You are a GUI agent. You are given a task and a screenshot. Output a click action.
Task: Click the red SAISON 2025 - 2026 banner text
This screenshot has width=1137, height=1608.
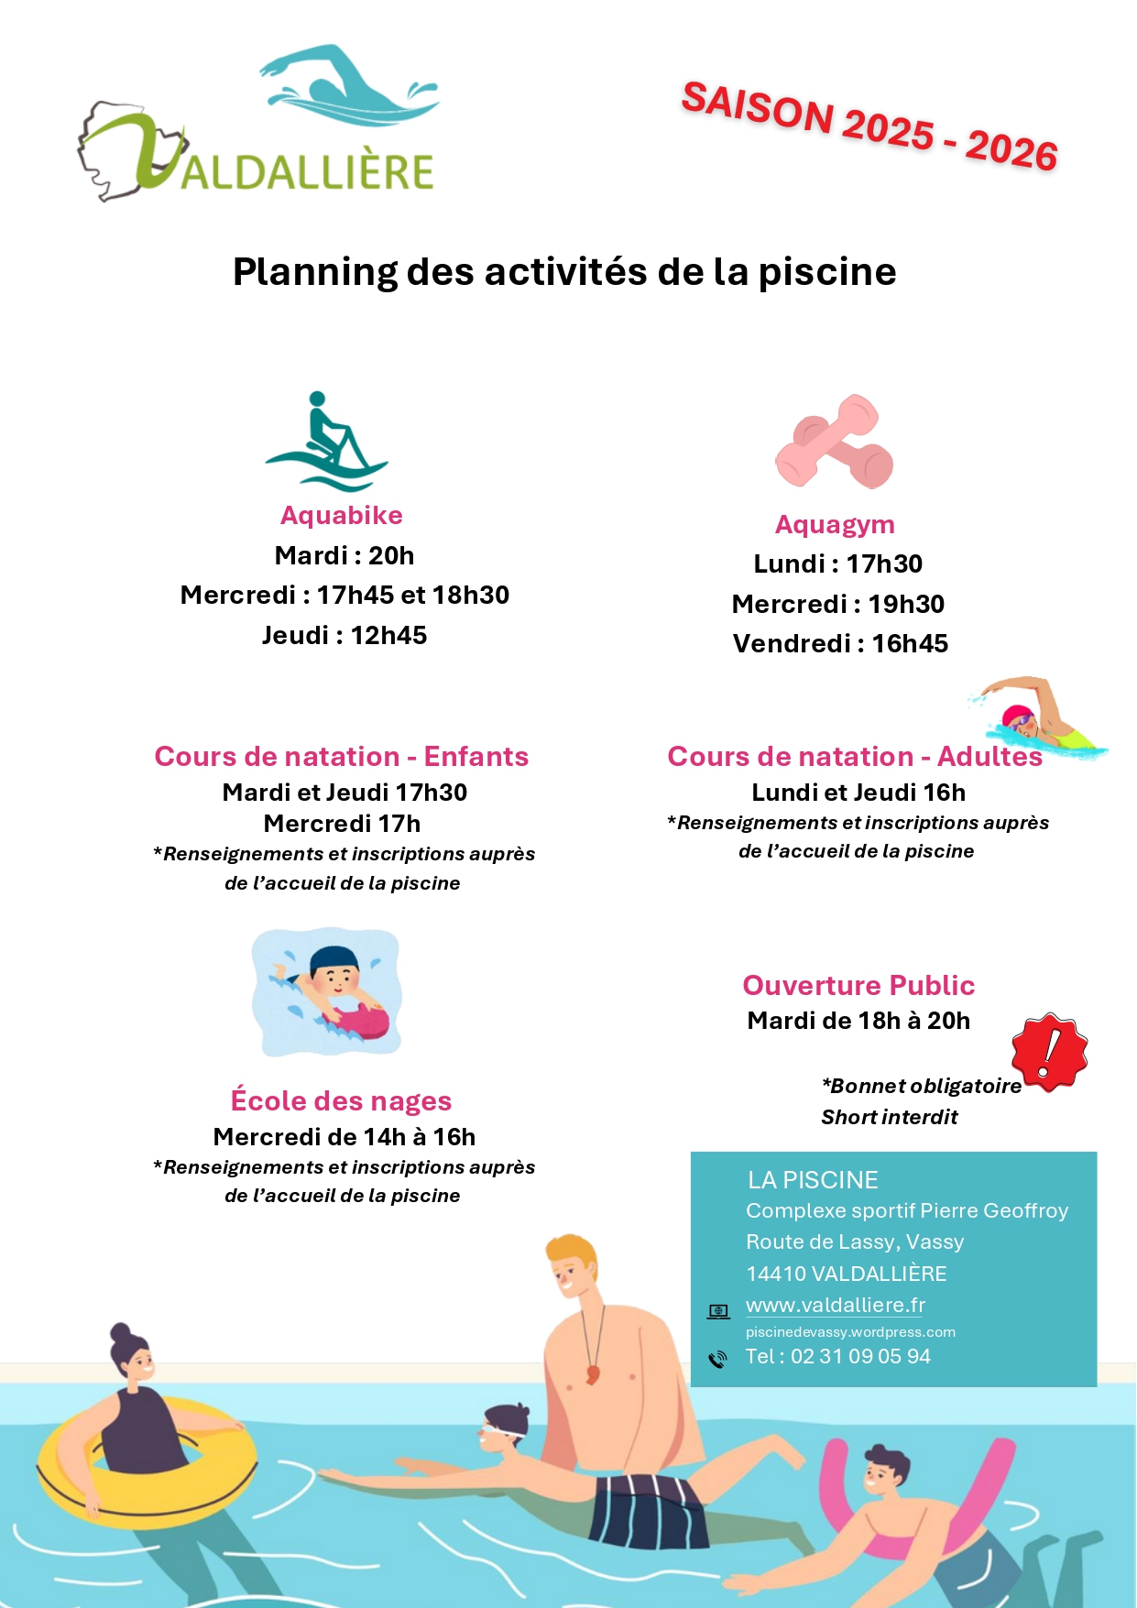[x=869, y=126]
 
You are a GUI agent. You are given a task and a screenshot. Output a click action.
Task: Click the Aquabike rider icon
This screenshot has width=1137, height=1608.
[x=326, y=442]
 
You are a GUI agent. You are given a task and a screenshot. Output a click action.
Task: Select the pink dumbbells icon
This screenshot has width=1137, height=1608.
[x=835, y=442]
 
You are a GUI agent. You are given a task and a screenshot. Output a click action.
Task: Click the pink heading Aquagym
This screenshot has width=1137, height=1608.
[x=835, y=525]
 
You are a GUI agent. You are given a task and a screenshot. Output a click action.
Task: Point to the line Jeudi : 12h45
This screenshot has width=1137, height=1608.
[x=344, y=636]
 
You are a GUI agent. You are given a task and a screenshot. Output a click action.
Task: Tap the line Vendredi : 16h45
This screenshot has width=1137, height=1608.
[x=840, y=644]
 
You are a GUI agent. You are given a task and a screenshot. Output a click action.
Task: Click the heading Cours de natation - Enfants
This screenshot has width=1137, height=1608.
[x=342, y=757]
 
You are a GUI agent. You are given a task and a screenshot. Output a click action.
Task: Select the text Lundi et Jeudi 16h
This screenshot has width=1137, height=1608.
[x=858, y=793]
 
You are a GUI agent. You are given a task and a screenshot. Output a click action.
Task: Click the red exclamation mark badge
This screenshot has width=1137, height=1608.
[x=1050, y=1052]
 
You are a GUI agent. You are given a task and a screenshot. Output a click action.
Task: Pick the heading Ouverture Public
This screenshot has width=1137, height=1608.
[x=858, y=986]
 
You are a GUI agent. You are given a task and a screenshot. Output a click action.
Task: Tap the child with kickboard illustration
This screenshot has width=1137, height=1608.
[x=327, y=992]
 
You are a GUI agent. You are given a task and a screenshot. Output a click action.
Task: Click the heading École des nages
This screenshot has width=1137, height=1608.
[x=342, y=1101]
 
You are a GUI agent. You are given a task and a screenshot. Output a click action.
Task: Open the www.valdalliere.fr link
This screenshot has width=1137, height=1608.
[x=836, y=1306]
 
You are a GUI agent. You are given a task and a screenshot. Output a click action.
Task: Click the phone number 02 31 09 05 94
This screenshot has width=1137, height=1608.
[x=860, y=1357]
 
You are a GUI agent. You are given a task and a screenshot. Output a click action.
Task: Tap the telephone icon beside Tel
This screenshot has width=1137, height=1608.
[x=717, y=1359]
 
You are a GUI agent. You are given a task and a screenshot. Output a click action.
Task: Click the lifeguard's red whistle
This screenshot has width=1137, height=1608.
[x=593, y=1374]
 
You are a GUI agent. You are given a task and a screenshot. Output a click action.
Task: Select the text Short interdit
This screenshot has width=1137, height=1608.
[x=889, y=1118]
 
